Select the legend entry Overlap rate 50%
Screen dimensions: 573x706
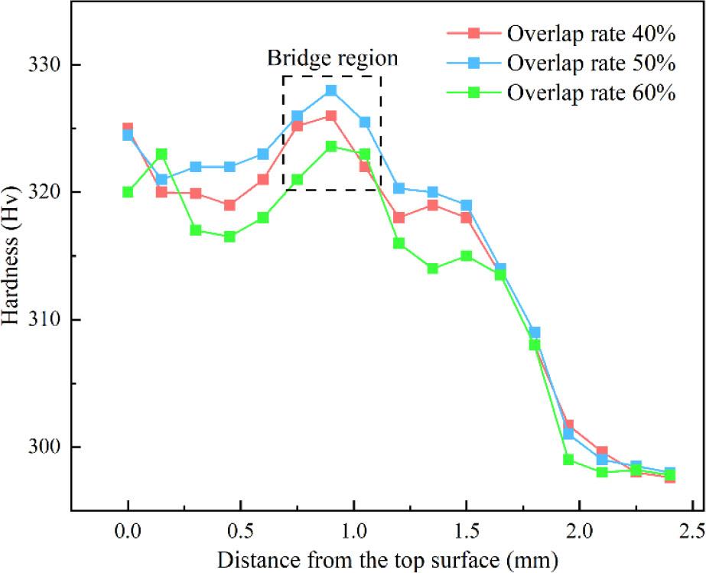click(x=589, y=63)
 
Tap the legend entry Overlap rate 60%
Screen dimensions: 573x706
click(x=589, y=93)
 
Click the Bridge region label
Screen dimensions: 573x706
click(x=332, y=58)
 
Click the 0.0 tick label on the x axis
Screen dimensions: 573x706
click(x=128, y=531)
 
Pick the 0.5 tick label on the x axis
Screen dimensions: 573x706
click(x=241, y=531)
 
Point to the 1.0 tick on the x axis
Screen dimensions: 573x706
click(x=353, y=531)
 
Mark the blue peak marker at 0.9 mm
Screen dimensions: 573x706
click(x=331, y=90)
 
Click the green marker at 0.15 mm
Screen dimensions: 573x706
click(x=161, y=154)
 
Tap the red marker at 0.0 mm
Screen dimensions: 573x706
click(x=128, y=129)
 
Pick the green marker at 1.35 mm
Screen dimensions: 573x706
click(x=432, y=269)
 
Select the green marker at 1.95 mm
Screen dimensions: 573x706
click(x=568, y=460)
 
